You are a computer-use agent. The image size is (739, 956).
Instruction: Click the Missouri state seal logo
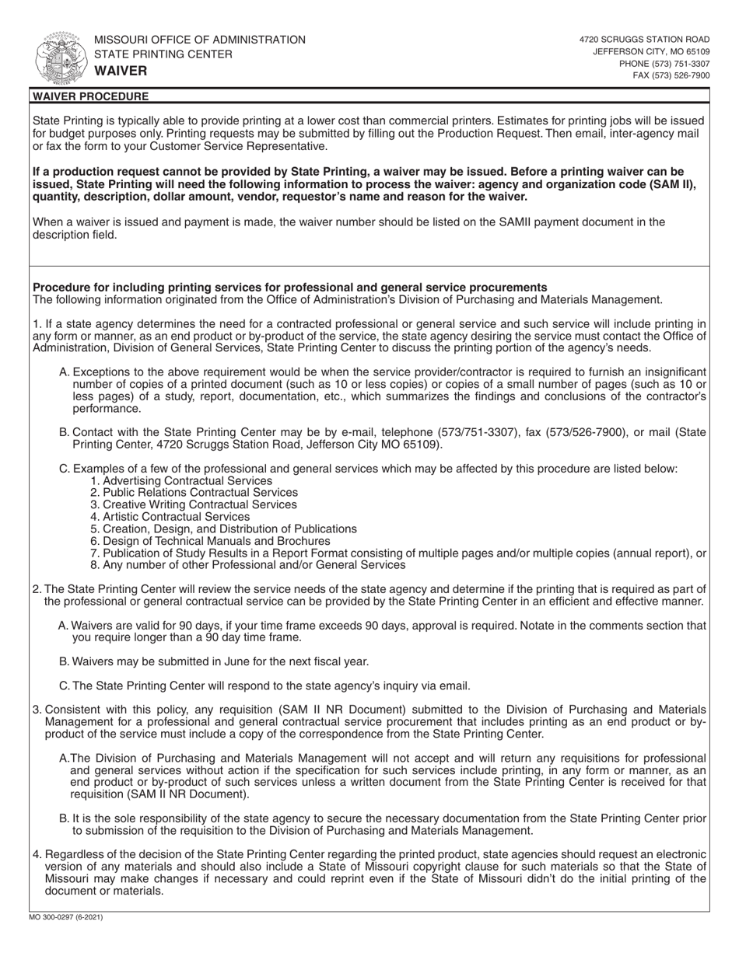coord(58,58)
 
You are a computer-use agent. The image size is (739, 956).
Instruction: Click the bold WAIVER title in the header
coord(121,71)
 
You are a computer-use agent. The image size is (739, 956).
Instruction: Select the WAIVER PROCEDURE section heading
coord(89,96)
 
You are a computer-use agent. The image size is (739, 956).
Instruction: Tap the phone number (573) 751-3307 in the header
coord(664,64)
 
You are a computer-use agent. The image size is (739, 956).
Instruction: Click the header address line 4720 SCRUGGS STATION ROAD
coord(644,39)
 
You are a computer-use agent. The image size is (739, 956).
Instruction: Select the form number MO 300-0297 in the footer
coord(67,918)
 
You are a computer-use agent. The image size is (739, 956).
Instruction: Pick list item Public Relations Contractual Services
coord(194,493)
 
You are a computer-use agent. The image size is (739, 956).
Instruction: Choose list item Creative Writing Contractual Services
coord(194,504)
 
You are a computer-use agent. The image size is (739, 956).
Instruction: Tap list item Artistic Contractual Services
coord(170,517)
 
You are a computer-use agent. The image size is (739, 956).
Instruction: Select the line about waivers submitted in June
coord(214,661)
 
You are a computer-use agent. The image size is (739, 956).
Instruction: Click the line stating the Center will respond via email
coord(264,686)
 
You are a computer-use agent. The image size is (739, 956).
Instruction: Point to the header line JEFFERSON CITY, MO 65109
coord(651,51)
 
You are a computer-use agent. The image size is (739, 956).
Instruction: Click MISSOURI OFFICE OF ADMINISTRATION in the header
coord(200,40)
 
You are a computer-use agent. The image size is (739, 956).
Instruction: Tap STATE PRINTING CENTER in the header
coord(163,54)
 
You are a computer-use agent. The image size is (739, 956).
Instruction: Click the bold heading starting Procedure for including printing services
coord(289,287)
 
